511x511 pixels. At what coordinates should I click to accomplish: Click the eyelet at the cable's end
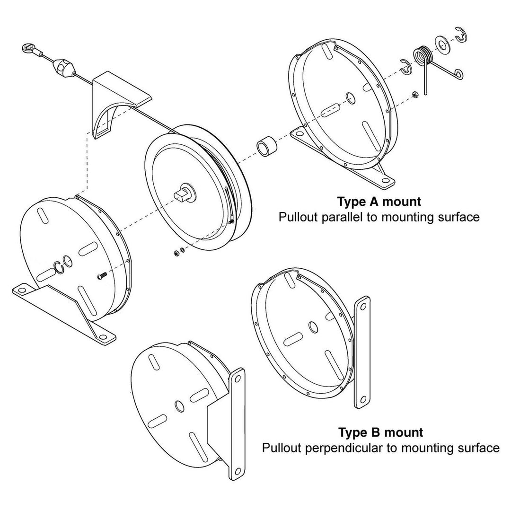pos(27,47)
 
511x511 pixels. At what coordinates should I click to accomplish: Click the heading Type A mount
pos(379,202)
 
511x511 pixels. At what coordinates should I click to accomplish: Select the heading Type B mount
pos(380,432)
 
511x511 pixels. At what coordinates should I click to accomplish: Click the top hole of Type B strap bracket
pos(363,306)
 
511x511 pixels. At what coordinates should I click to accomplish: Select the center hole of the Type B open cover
pos(313,326)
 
